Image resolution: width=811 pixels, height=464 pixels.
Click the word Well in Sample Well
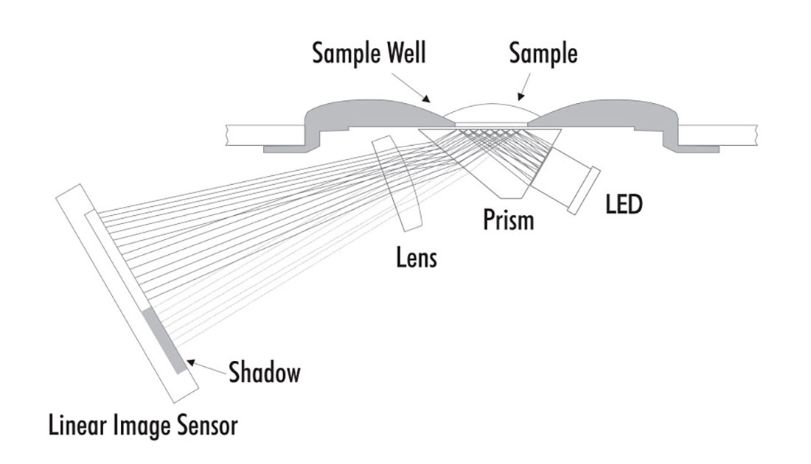[x=400, y=55]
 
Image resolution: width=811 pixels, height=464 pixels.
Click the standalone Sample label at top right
[x=543, y=55]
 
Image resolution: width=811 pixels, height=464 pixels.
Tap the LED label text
[x=624, y=204]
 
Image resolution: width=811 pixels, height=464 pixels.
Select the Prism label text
[x=508, y=219]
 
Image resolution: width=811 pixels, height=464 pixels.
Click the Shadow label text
[x=265, y=372]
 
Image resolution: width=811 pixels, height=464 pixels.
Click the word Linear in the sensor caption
[x=80, y=425]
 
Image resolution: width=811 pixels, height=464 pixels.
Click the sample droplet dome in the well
[x=491, y=115]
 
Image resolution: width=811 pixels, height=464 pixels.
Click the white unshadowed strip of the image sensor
[x=118, y=258]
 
